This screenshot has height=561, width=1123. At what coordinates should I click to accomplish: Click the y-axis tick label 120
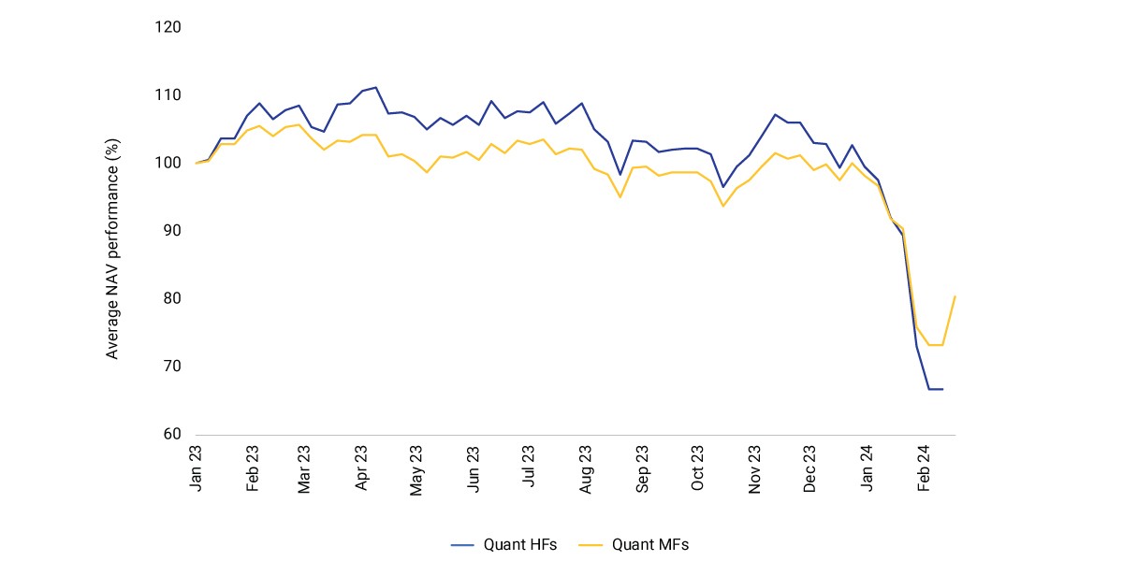click(x=168, y=27)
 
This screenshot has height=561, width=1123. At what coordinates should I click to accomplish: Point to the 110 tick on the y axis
click(x=168, y=95)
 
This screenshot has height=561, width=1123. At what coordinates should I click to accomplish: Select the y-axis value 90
click(x=172, y=230)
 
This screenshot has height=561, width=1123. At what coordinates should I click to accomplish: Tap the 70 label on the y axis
click(x=172, y=367)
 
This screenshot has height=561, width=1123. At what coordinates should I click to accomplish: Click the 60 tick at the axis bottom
click(x=172, y=434)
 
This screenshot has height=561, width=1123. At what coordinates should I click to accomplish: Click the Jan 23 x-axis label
click(x=196, y=468)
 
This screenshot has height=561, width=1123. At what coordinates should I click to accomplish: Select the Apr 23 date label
click(x=361, y=468)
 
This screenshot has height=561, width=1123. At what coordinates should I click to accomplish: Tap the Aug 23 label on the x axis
click(x=585, y=469)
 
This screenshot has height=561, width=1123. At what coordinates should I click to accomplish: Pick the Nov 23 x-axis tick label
click(x=754, y=469)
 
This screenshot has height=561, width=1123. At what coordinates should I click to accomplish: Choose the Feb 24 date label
click(x=923, y=468)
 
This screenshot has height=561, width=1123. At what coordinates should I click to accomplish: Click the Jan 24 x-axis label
click(x=867, y=468)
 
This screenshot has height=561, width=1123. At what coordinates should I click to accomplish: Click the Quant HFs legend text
click(x=520, y=544)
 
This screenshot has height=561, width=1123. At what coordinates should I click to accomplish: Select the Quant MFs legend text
click(x=650, y=544)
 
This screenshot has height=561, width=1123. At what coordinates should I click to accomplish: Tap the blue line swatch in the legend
click(x=462, y=545)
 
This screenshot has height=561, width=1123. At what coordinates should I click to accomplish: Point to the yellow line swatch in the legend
click(x=591, y=545)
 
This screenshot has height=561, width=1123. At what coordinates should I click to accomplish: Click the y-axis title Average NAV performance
click(x=111, y=249)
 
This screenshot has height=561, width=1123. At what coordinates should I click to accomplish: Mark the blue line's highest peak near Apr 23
click(x=375, y=88)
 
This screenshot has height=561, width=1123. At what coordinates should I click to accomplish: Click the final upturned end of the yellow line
click(x=955, y=296)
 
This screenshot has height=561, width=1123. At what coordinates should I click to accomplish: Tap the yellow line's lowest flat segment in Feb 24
click(x=936, y=345)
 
